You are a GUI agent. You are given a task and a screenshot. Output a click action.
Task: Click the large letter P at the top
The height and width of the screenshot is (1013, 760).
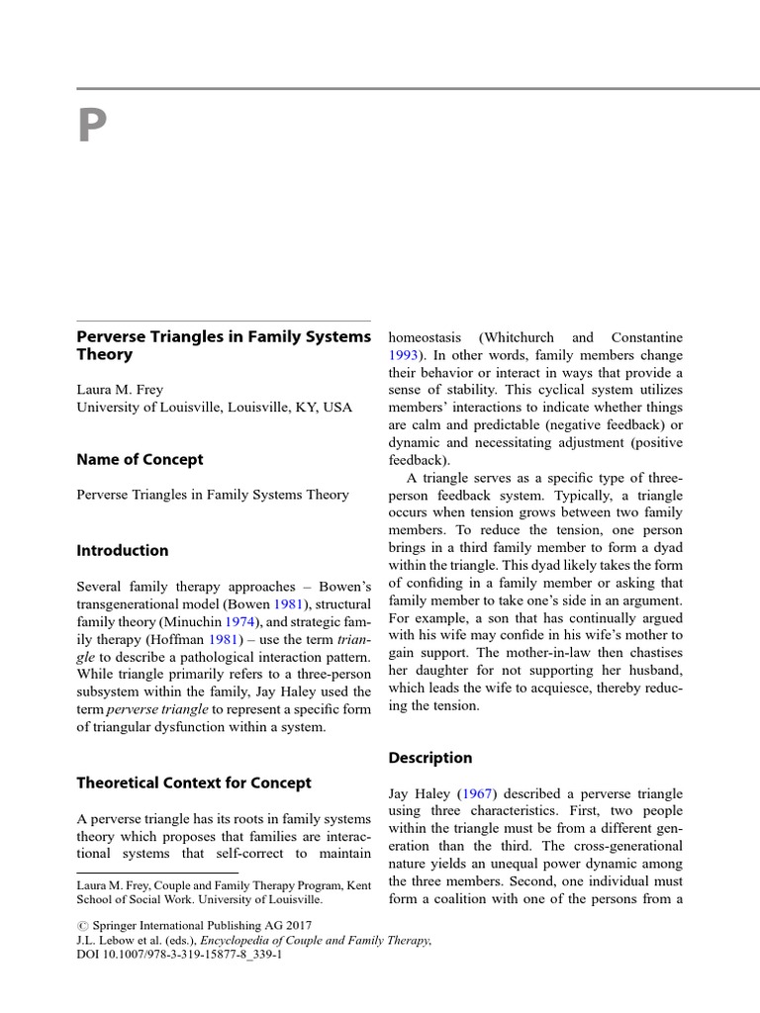(92, 127)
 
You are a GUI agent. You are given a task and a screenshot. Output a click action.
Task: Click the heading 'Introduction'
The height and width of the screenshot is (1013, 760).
(123, 551)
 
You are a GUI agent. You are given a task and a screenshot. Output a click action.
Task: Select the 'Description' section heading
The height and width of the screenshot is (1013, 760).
(430, 758)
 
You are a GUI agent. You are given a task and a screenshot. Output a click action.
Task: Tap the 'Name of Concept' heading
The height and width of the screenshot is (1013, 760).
(140, 460)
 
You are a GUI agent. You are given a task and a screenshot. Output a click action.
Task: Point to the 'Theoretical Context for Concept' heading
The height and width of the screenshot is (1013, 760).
(194, 783)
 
